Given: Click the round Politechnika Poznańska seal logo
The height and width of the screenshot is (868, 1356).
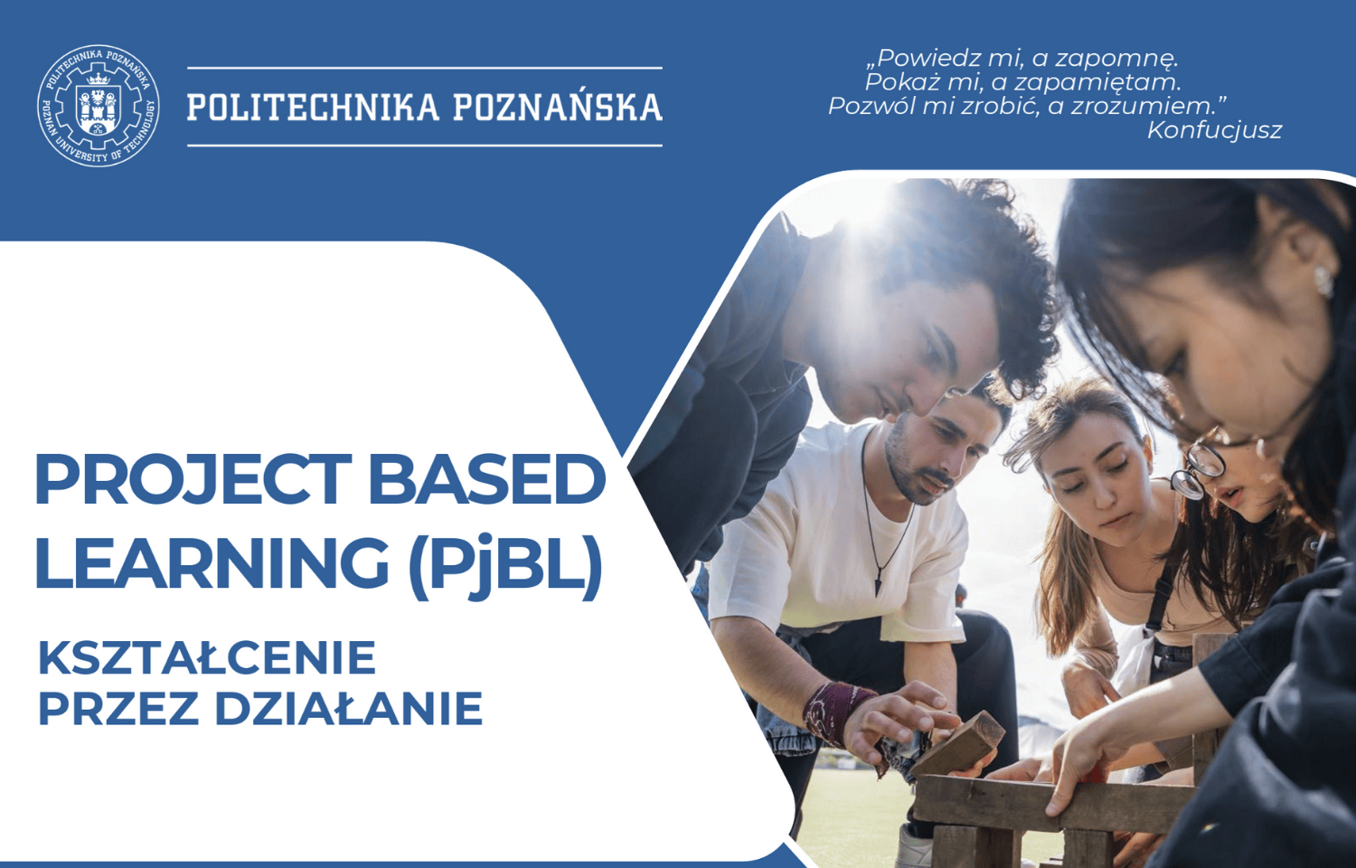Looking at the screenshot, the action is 98,106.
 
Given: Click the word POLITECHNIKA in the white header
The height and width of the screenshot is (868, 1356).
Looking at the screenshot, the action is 313,107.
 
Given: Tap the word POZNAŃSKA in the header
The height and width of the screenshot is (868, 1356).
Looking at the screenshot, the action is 558,106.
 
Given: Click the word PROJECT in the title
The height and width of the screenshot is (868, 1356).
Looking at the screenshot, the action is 193,478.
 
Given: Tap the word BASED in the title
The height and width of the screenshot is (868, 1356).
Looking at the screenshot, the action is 486,478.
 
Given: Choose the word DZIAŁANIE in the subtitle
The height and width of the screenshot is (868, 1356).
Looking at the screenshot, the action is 349,709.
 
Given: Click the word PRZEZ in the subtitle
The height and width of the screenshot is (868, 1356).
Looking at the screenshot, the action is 118,709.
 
